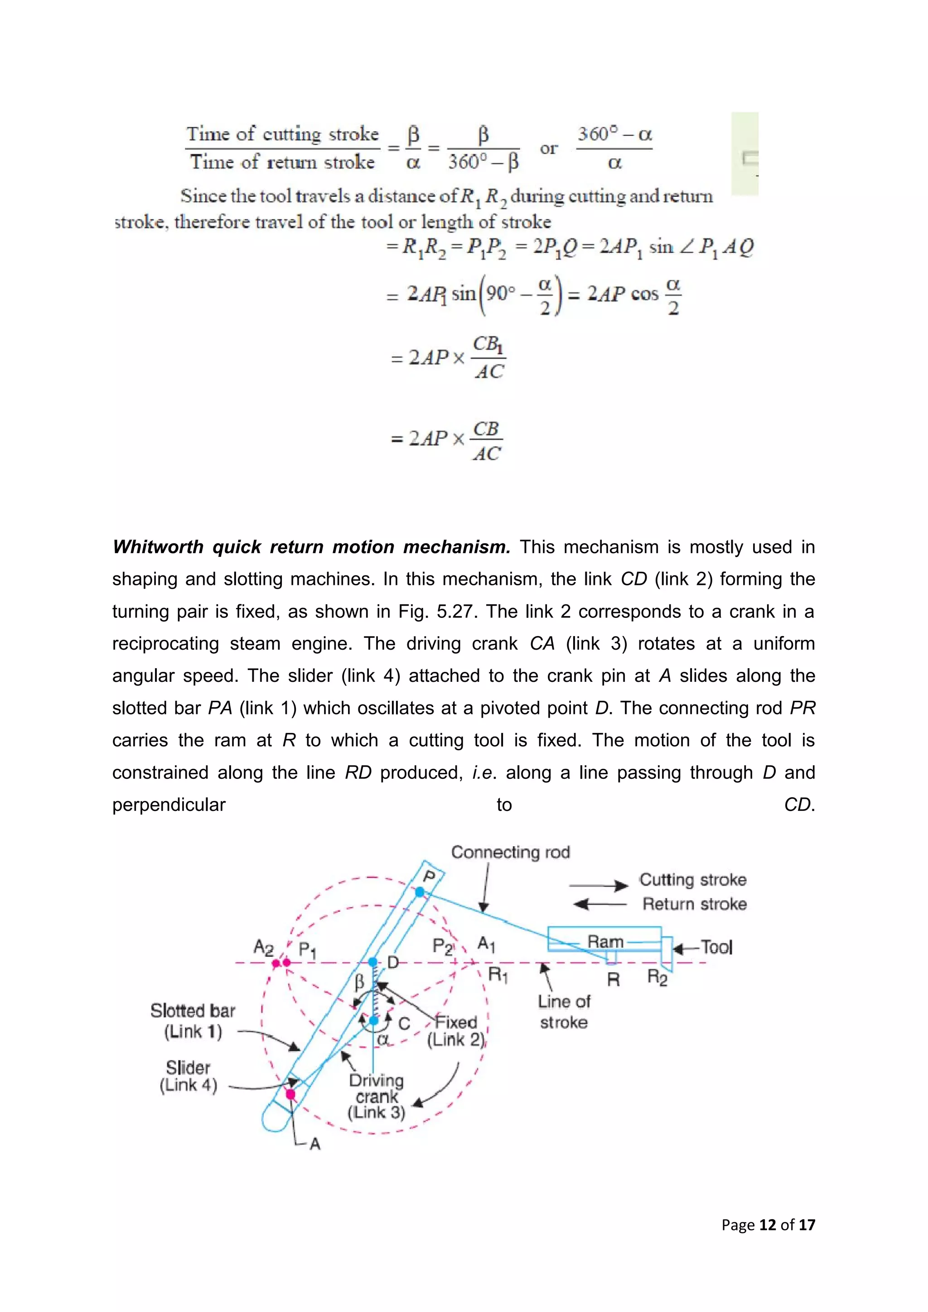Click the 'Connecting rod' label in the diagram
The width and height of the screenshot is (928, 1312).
coord(510,852)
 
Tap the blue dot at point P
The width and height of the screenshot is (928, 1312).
coord(420,892)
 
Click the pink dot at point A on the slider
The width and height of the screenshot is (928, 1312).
coord(290,1094)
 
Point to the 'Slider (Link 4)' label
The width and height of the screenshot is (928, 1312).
coord(188,1076)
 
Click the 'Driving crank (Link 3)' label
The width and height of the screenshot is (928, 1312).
coord(376,1096)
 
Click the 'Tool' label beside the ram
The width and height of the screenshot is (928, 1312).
coord(716,947)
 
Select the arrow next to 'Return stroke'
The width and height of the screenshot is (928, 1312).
coord(599,904)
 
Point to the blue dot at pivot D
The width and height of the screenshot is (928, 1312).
coord(372,962)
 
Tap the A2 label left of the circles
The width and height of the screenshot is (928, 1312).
coord(263,947)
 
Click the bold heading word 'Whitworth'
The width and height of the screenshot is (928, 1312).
coord(158,547)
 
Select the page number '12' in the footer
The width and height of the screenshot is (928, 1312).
coord(768,1225)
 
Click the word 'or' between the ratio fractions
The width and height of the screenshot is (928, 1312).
coord(548,149)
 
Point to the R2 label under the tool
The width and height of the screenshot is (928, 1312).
coord(657,977)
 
